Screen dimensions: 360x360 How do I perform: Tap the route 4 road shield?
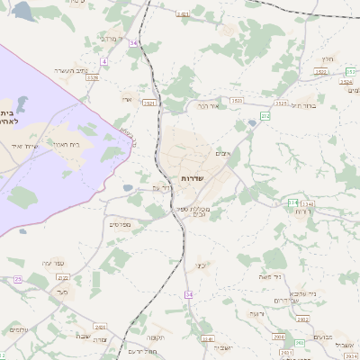click(103, 61)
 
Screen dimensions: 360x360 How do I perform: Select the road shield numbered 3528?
click(92, 78)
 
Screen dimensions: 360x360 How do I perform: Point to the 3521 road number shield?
click(149, 103)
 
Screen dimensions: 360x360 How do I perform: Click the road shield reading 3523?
click(281, 103)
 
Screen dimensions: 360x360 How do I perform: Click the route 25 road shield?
click(17, 279)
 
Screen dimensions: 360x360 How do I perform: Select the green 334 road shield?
click(292, 202)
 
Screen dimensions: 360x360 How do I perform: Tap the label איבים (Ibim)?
click(222, 154)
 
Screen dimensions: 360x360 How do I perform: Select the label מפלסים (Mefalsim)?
click(120, 223)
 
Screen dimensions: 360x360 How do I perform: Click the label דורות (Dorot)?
click(303, 212)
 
